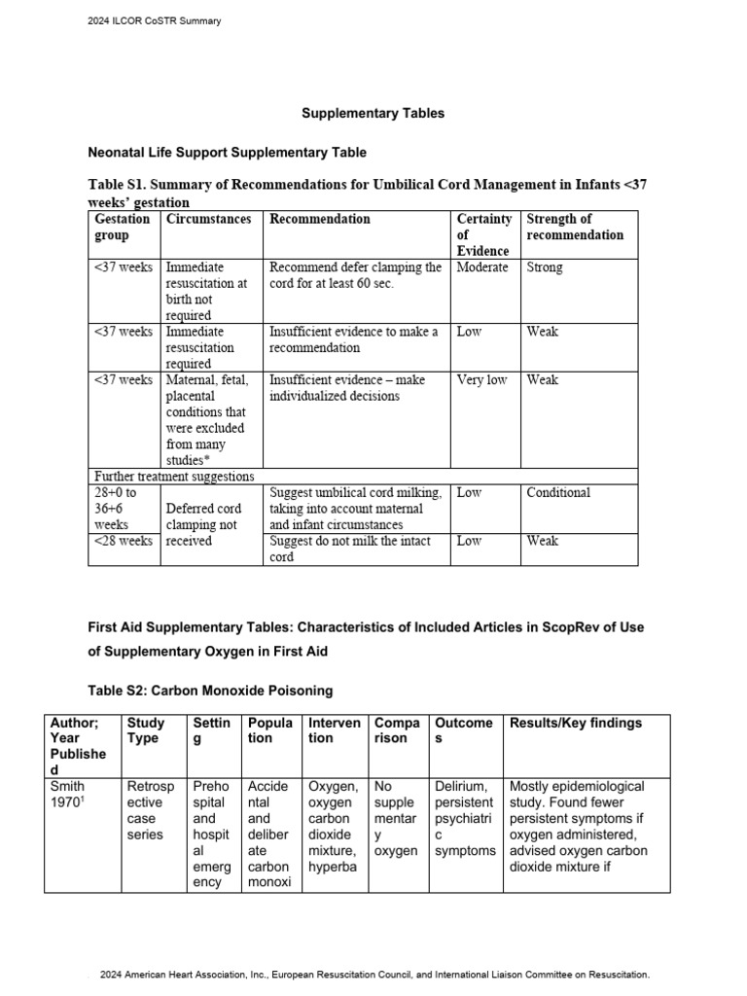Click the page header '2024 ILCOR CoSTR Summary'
click(155, 21)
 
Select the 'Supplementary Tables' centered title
click(373, 113)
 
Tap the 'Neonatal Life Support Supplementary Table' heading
click(228, 153)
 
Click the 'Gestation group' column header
click(122, 227)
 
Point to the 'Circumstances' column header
click(208, 219)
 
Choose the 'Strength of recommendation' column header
click(575, 227)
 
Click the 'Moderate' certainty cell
click(482, 267)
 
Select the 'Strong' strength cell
click(545, 267)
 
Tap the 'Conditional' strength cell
click(558, 493)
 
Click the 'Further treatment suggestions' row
click(174, 477)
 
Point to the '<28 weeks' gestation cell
click(123, 541)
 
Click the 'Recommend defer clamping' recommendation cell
click(355, 275)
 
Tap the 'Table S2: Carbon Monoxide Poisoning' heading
click(210, 691)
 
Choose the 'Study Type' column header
click(146, 730)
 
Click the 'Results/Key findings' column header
click(576, 723)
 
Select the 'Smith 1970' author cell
click(67, 794)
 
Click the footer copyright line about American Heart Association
click(373, 974)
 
